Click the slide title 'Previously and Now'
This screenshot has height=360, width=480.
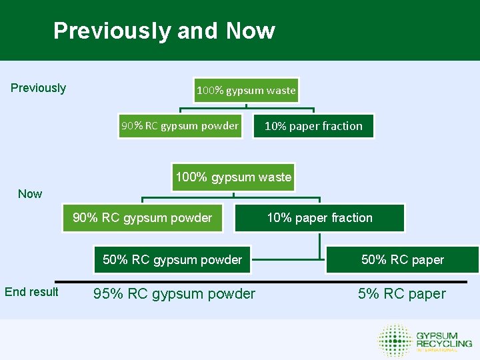[x=164, y=31]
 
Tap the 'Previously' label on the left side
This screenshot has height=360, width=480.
[x=39, y=88]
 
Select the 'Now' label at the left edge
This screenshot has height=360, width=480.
[x=30, y=194]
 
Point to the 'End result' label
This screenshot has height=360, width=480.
[x=31, y=291]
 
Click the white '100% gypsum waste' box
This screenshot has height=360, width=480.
[x=246, y=91]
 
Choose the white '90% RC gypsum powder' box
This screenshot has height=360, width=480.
[x=179, y=125]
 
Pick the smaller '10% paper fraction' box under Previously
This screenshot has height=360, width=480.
[x=313, y=126]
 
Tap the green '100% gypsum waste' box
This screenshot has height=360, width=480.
[x=233, y=177]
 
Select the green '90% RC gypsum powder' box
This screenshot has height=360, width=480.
[x=142, y=218]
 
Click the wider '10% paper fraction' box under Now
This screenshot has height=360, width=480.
[x=320, y=218]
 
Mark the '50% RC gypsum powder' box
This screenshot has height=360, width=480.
[x=172, y=260]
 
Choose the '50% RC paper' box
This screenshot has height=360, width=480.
[x=402, y=260]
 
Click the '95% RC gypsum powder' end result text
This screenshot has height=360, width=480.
[x=174, y=294]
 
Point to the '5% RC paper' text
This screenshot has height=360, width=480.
[x=402, y=294]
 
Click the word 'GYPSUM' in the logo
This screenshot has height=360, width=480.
[x=437, y=335]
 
